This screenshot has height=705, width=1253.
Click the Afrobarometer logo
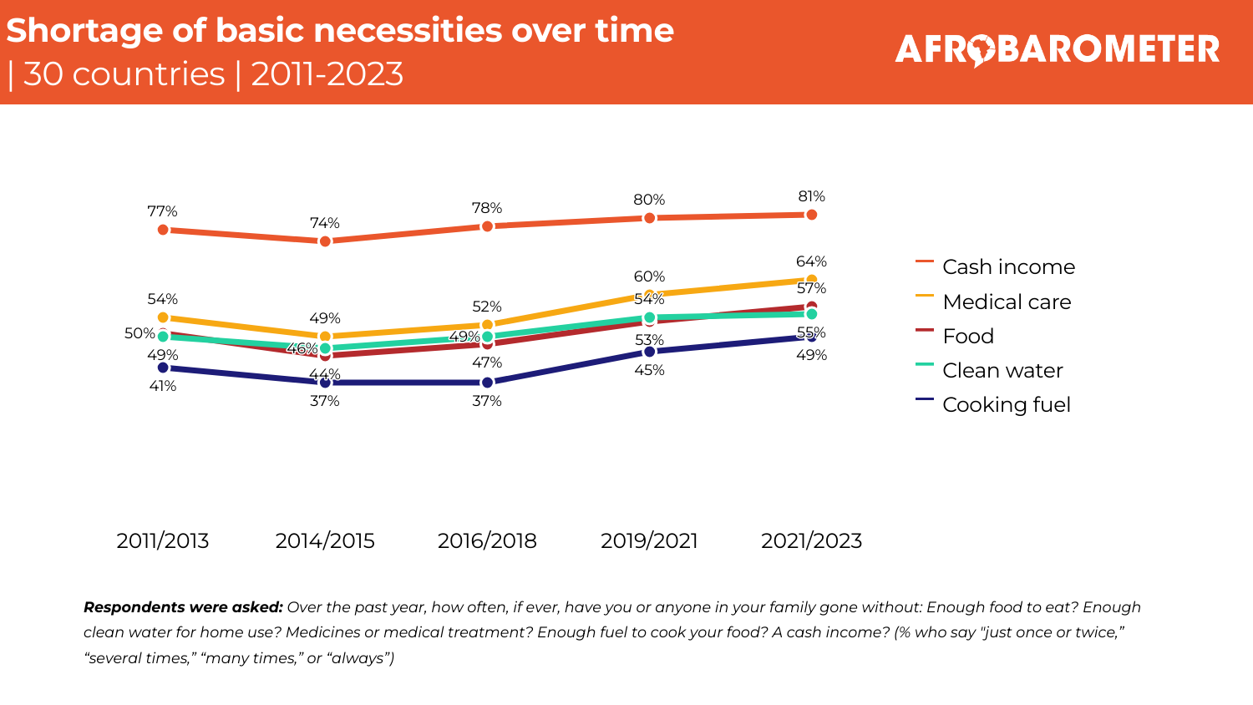[1057, 49]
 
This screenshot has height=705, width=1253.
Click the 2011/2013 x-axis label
[163, 541]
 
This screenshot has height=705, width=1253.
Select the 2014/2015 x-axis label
[325, 541]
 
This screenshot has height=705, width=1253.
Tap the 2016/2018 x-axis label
[487, 541]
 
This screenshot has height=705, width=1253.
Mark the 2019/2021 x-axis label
[649, 541]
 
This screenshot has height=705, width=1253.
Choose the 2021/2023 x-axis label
[811, 541]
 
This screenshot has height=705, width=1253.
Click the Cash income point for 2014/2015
[325, 241]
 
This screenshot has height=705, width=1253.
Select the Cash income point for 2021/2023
[811, 215]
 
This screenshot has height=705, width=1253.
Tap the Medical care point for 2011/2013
[163, 317]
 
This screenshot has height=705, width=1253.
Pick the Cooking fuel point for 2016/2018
[487, 383]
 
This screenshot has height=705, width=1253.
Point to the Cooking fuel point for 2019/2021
[649, 352]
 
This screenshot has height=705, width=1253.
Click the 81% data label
[811, 197]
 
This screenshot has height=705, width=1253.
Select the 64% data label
[811, 262]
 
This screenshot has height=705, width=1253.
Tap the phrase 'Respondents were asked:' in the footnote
[183, 607]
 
